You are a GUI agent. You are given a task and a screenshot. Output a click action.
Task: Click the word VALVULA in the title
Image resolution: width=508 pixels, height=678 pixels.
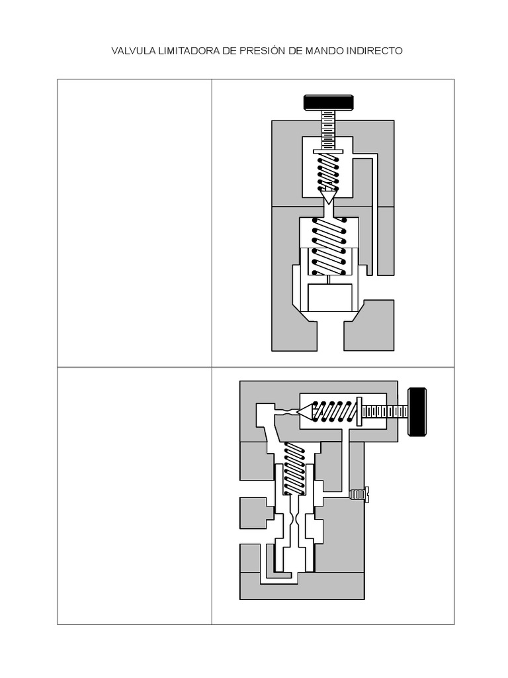(132, 51)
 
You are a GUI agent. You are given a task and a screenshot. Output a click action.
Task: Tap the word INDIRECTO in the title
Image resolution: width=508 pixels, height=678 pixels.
(374, 51)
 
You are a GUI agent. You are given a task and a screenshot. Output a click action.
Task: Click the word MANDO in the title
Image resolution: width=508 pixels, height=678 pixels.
(323, 51)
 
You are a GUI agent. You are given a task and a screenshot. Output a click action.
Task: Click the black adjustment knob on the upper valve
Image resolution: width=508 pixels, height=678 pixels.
(328, 103)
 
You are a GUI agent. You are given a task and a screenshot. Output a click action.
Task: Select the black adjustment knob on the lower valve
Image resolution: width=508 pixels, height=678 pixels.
(417, 412)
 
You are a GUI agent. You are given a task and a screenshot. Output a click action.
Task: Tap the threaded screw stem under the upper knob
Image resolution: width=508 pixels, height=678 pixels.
(328, 130)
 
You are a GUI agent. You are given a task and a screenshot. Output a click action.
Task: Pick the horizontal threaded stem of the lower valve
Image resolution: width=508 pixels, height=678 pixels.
(384, 412)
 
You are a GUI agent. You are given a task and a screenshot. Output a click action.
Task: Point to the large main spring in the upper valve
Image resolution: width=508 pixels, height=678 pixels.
(328, 245)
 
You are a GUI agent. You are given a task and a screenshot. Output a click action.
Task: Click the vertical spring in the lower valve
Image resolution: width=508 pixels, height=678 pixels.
(294, 469)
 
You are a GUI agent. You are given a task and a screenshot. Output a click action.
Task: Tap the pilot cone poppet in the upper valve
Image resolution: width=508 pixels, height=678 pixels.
(328, 195)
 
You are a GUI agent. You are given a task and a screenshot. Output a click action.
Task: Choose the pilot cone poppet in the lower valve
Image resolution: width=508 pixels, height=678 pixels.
(304, 412)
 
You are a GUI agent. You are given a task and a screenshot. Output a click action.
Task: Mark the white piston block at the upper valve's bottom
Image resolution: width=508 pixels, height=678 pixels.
(330, 297)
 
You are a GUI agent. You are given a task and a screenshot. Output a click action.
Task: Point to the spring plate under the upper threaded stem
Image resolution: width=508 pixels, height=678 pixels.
(328, 152)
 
